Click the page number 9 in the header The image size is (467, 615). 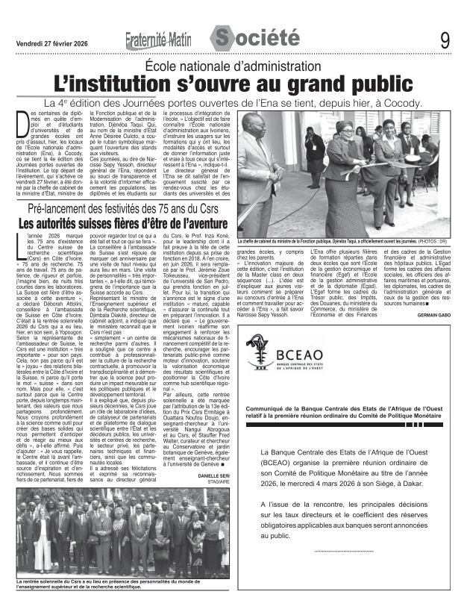[445, 38]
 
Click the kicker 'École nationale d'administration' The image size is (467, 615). [233, 66]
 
